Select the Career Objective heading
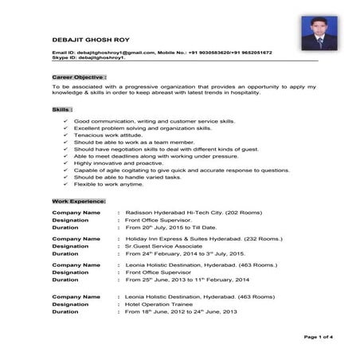(x=79, y=76)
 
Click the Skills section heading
(x=62, y=108)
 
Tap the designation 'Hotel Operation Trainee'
(x=163, y=304)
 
